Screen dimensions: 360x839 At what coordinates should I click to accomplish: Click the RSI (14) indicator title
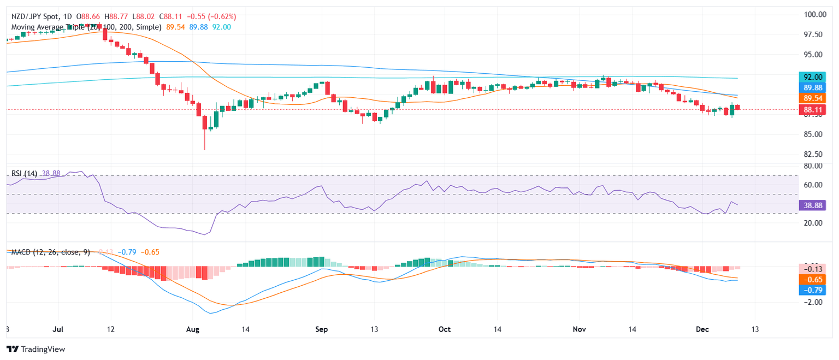click(x=25, y=174)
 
